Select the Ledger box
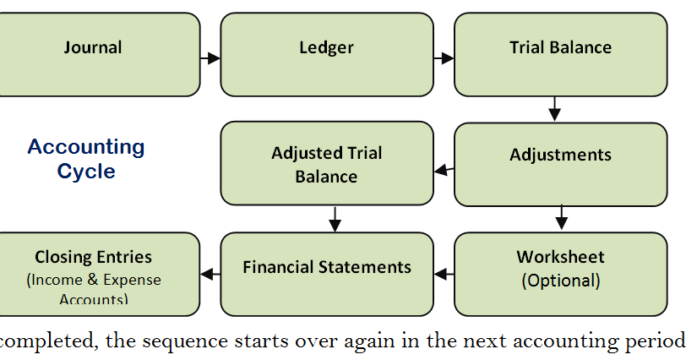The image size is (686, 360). [326, 54]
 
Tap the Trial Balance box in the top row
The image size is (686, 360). [560, 54]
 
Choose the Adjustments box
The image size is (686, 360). [560, 164]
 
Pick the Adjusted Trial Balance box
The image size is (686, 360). [326, 163]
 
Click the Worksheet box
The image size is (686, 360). [560, 274]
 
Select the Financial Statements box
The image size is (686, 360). [326, 274]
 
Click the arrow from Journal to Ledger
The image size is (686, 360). [210, 58]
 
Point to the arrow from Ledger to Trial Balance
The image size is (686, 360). [444, 58]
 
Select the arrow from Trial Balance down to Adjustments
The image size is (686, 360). [554, 109]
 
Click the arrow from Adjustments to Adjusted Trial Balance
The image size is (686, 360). [444, 171]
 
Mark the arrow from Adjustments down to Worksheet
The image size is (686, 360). [561, 219]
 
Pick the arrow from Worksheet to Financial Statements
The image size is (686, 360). [444, 274]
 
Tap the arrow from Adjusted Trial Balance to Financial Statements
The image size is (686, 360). [335, 219]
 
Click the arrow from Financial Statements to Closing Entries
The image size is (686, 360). [210, 274]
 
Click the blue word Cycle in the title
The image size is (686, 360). [86, 172]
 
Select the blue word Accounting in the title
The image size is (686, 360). [86, 147]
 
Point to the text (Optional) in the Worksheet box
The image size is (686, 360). [560, 280]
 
